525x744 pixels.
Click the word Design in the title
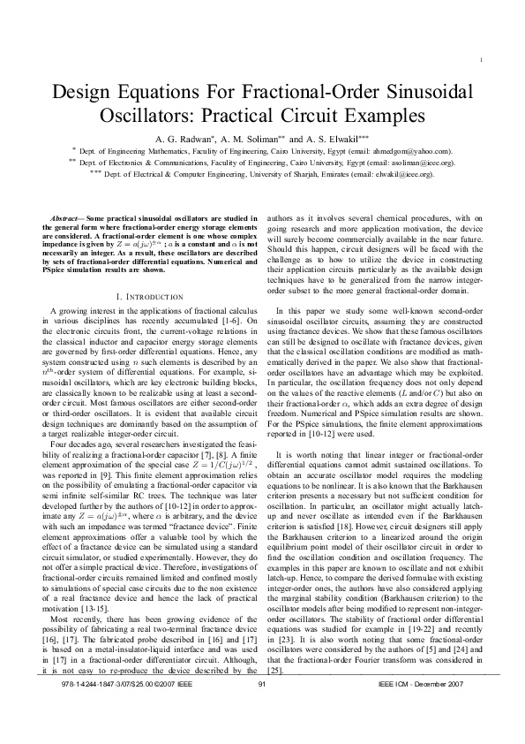86,92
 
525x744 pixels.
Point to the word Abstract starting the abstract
67,216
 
